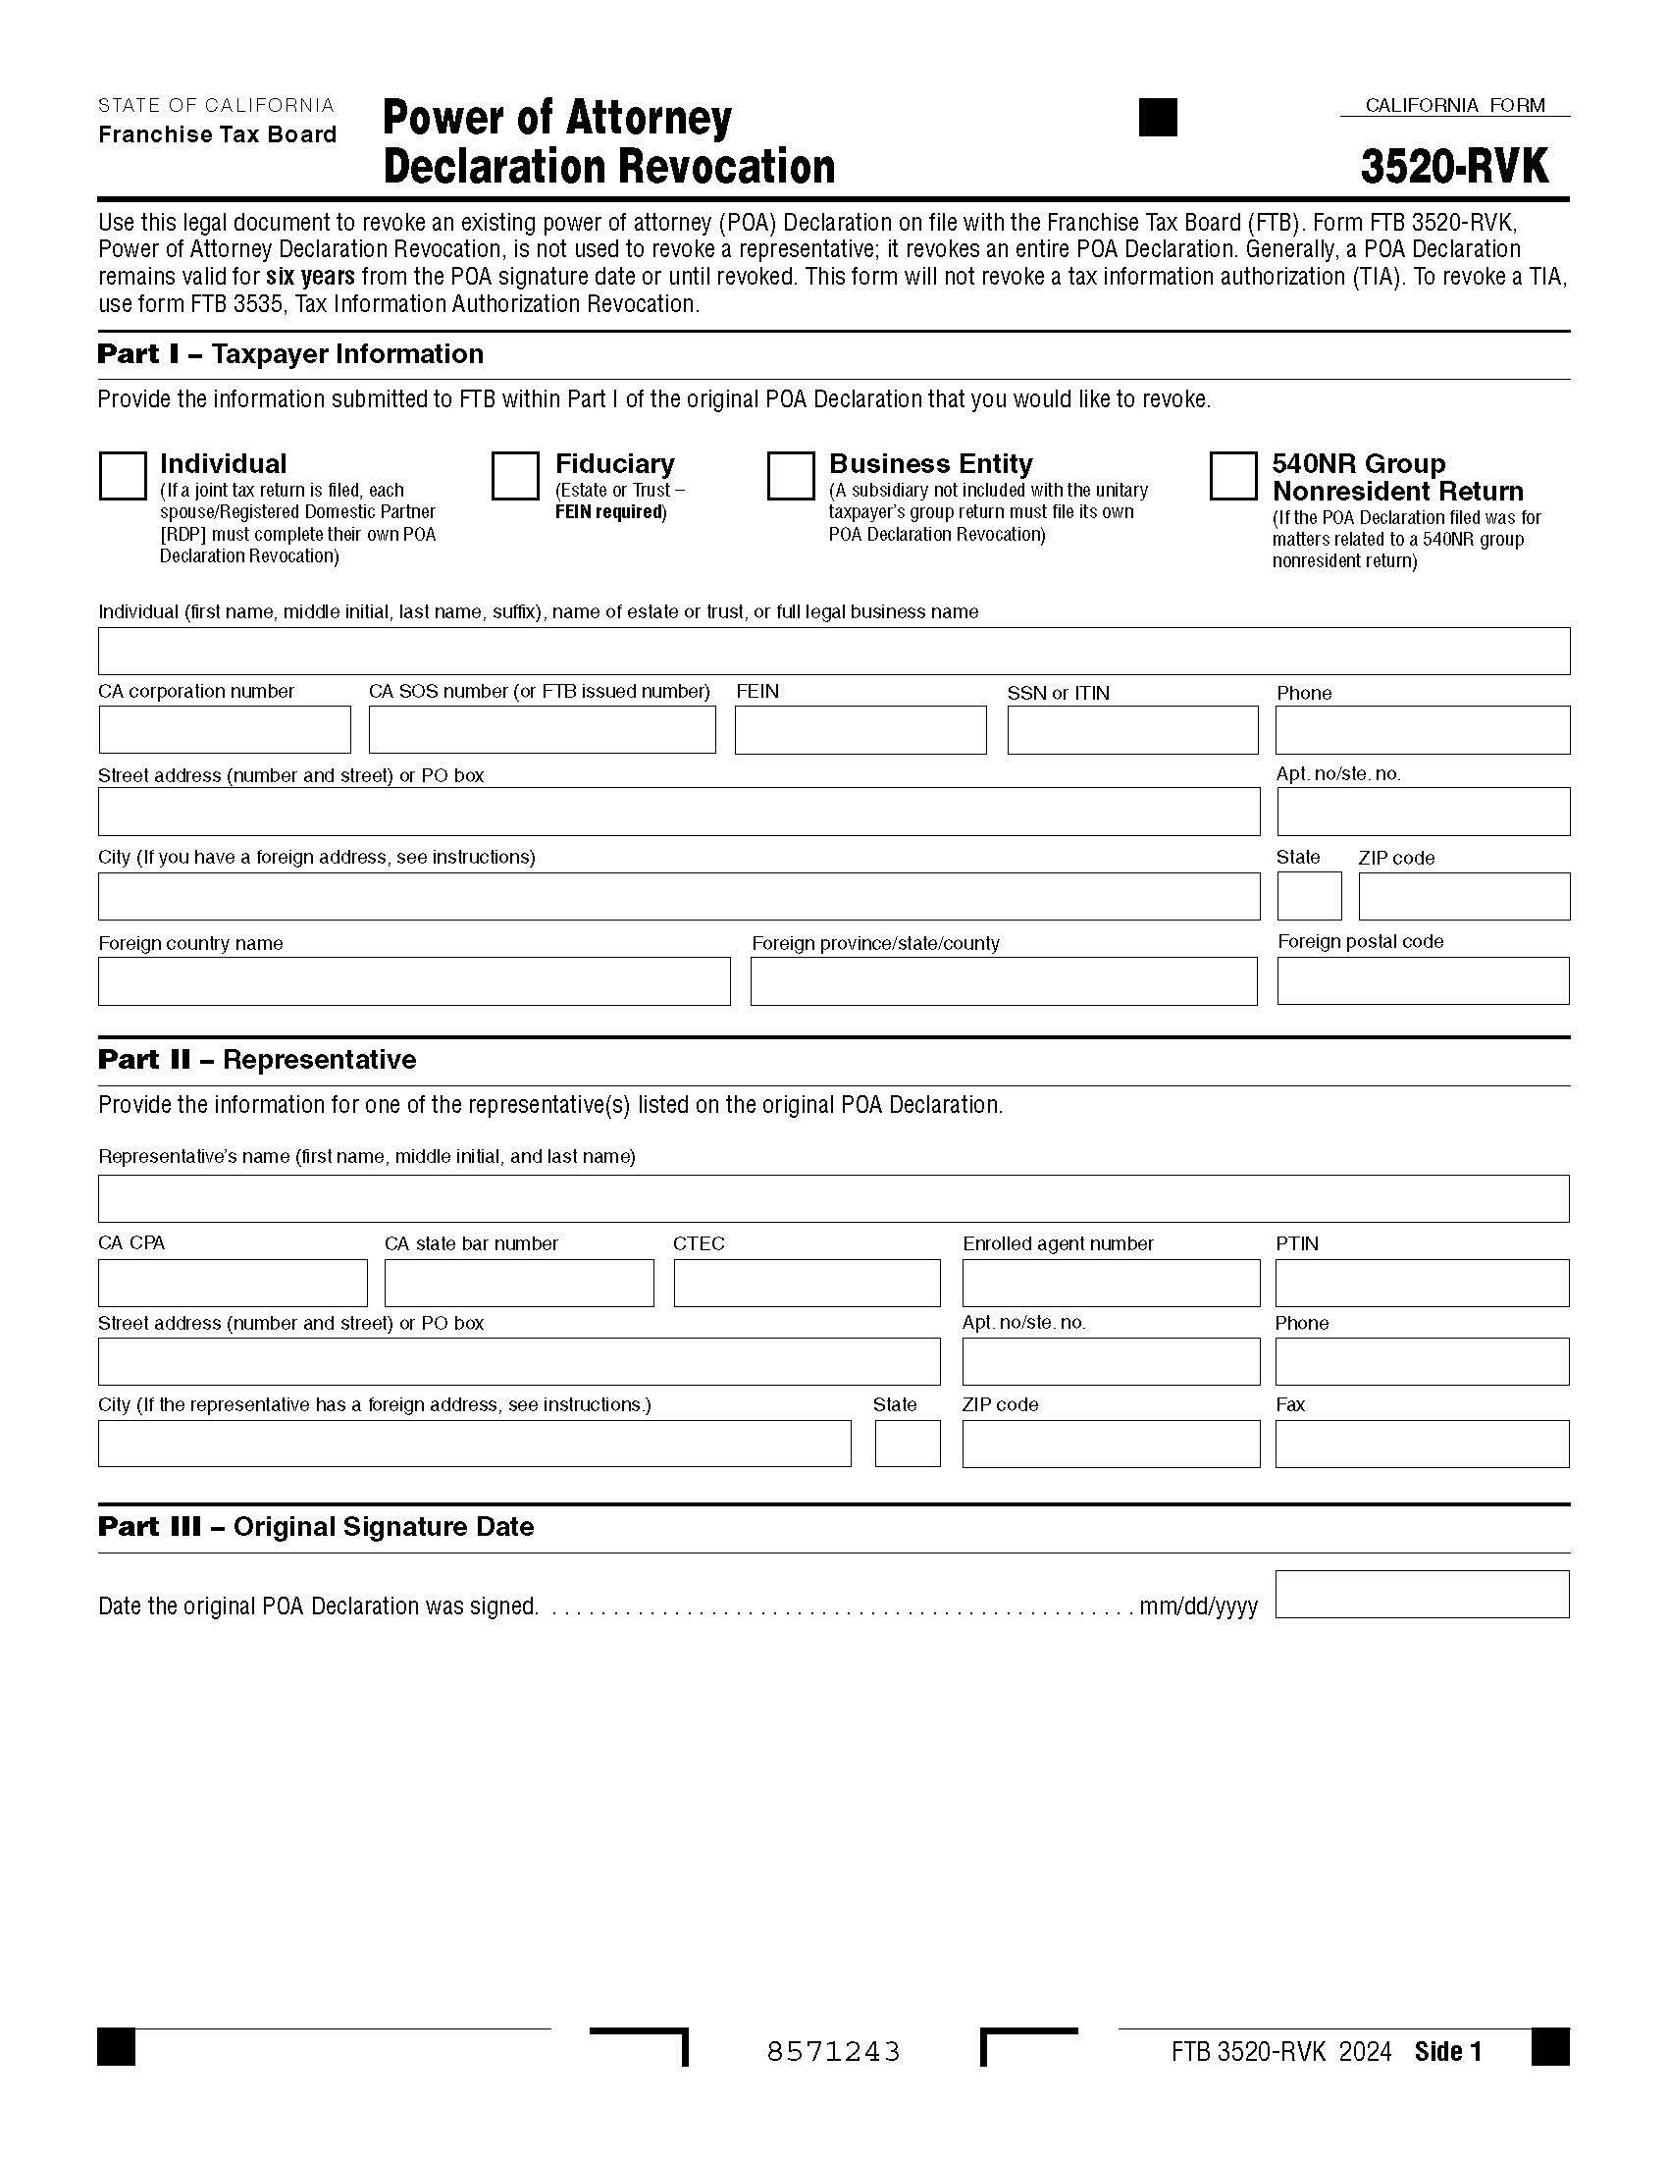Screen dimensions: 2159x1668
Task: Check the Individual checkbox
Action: click(123, 476)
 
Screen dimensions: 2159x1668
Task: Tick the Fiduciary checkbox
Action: click(515, 476)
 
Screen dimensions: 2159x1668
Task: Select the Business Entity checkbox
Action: click(790, 476)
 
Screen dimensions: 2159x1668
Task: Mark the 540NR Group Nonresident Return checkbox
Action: click(1232, 476)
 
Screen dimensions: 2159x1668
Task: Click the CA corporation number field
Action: click(225, 729)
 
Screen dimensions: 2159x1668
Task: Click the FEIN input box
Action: click(860, 729)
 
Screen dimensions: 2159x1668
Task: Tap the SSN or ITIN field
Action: click(1132, 729)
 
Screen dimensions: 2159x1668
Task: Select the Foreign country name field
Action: click(414, 980)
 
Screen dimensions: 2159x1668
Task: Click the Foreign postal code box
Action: click(1422, 980)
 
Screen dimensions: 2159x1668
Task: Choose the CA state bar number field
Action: click(519, 1283)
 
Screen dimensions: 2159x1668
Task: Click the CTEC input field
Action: click(807, 1283)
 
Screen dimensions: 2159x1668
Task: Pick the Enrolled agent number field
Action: click(1111, 1283)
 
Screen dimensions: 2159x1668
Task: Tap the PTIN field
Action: click(1421, 1283)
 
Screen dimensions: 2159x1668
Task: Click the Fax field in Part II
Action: click(1421, 1444)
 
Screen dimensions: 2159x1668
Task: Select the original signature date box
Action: click(1421, 1594)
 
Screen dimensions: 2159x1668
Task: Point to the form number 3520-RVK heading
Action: click(1454, 166)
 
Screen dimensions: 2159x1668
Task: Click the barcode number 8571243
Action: click(833, 2052)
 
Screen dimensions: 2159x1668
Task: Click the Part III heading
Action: click(316, 1526)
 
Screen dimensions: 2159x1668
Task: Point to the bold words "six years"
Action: click(310, 277)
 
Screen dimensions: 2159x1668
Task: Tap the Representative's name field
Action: click(833, 1198)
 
